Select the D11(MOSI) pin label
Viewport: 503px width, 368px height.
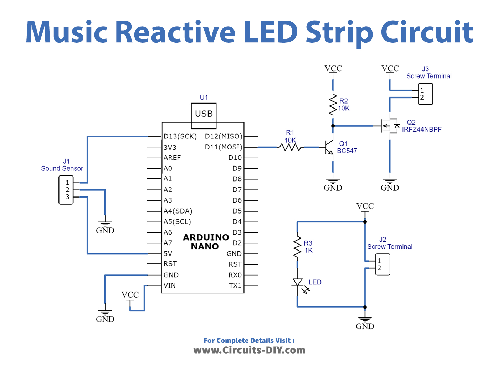point(224,147)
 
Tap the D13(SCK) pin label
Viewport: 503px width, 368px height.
point(180,136)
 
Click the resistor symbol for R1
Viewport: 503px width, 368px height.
point(290,147)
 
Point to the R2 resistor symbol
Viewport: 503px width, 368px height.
point(333,104)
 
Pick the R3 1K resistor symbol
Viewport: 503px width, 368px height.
point(297,247)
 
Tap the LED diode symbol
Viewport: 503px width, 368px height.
point(298,283)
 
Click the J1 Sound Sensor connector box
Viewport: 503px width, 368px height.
point(66,190)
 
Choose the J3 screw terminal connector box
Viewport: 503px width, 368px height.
point(425,94)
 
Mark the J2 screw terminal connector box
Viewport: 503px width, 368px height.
point(383,264)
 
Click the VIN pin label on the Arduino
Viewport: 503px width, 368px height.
point(170,285)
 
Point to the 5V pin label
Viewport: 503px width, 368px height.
point(168,254)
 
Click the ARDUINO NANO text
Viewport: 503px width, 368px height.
point(206,242)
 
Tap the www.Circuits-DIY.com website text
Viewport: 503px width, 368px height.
point(249,350)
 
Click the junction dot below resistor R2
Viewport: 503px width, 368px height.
point(333,126)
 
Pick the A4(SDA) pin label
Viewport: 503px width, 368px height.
point(178,211)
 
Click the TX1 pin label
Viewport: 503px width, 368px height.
point(235,285)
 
